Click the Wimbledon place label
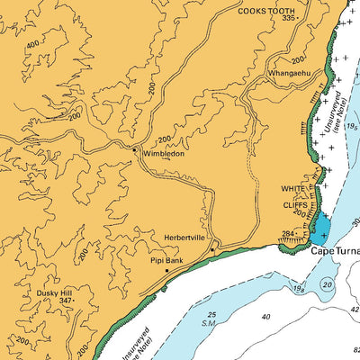click(x=162, y=154)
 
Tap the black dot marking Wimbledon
click(x=135, y=149)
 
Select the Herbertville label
click(x=184, y=238)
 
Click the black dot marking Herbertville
click(x=212, y=249)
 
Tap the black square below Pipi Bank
click(x=166, y=270)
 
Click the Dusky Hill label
click(x=55, y=292)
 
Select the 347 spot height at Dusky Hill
click(x=65, y=301)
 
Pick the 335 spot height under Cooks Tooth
click(x=287, y=18)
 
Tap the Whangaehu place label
click(x=287, y=73)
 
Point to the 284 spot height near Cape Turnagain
click(x=289, y=234)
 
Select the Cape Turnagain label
click(x=335, y=252)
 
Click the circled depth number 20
click(x=328, y=284)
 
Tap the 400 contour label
click(x=33, y=43)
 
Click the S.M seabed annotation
click(x=209, y=322)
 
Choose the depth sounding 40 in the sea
click(x=265, y=317)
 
